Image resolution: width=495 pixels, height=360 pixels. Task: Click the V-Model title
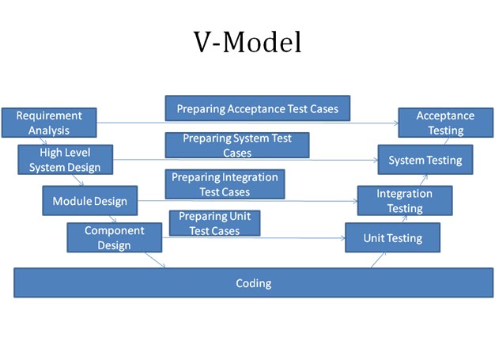[247, 42]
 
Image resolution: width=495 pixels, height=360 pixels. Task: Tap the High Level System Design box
[65, 159]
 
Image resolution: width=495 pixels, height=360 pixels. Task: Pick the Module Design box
[89, 201]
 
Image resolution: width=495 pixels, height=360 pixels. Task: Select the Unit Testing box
[392, 237]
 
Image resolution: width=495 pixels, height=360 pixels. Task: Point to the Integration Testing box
[404, 201]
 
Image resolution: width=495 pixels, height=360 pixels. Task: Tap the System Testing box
[425, 160]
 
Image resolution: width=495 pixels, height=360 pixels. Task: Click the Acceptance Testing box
[445, 123]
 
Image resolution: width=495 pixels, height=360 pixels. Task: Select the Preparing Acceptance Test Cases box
[257, 109]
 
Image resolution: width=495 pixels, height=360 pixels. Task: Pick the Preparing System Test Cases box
[236, 146]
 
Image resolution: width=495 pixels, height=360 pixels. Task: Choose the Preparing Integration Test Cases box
[225, 184]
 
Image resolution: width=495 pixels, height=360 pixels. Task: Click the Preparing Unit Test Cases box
[214, 223]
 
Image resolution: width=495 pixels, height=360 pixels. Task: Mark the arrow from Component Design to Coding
[154, 260]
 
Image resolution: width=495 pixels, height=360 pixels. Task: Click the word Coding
[253, 283]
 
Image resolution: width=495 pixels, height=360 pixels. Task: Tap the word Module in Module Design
[72, 201]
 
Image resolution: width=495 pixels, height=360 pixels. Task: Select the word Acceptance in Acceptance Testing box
[445, 116]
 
